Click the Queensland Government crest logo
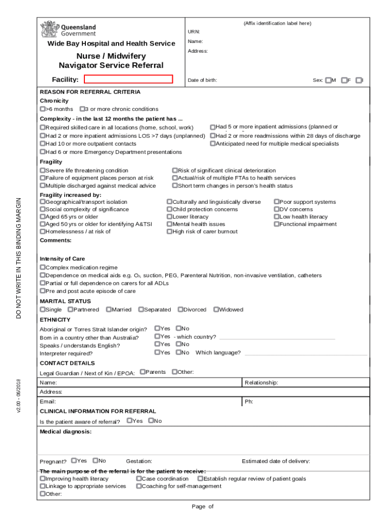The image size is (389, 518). (50, 29)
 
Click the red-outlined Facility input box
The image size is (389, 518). (128, 79)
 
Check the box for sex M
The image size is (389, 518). (328, 80)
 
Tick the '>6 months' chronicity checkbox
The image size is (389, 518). (42, 109)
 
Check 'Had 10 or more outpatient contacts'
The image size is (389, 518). (42, 144)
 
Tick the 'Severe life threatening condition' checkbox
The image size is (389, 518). (42, 170)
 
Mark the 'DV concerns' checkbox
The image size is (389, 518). (276, 209)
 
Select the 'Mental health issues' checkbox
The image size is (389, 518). (170, 224)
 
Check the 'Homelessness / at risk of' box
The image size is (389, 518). (42, 231)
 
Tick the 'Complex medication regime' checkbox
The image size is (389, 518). (42, 267)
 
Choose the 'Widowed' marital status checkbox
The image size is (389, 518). (216, 309)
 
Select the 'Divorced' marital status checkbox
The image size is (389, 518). (180, 309)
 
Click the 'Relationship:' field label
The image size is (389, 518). (261, 382)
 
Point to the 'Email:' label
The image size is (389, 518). (48, 402)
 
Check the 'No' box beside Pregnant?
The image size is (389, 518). (95, 460)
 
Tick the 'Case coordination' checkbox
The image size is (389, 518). (138, 478)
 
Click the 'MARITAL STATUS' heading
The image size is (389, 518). (65, 301)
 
